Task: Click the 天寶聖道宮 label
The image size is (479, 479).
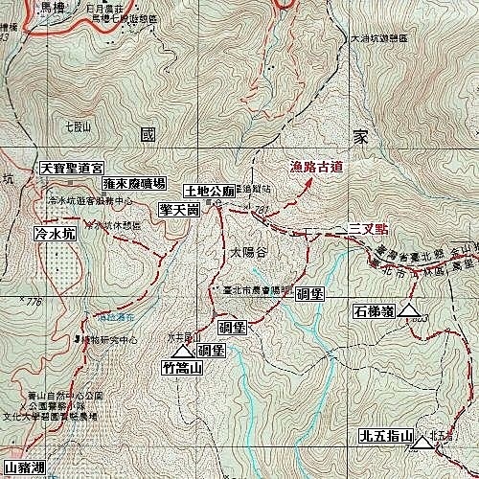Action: (70, 168)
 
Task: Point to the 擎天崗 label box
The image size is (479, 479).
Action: (180, 208)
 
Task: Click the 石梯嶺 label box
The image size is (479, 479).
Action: (374, 310)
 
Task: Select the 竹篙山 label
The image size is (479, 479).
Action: (182, 366)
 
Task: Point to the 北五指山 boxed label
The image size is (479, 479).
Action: (385, 437)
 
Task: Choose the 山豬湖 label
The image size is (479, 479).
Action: (23, 469)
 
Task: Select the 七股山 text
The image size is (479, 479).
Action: (79, 125)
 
